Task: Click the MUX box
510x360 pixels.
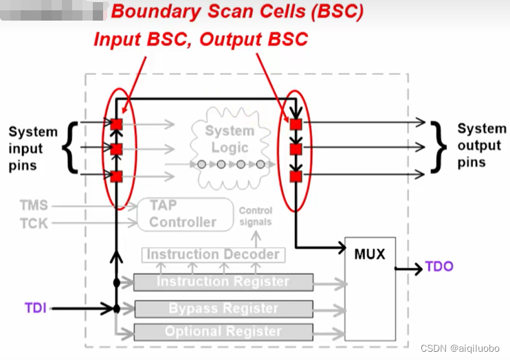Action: [370, 289]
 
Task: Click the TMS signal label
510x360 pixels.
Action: [34, 205]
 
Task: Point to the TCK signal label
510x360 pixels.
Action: [34, 223]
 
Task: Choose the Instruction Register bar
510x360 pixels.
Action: [223, 282]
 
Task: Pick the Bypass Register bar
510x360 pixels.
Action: [223, 308]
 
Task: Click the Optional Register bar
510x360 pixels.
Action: [223, 332]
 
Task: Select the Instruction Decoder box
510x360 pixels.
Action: [213, 255]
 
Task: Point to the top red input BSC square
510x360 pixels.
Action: [116, 124]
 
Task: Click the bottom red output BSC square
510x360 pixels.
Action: [296, 177]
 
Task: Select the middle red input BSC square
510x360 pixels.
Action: [116, 149]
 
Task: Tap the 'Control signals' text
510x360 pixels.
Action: [256, 216]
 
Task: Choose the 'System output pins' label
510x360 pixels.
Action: [480, 146]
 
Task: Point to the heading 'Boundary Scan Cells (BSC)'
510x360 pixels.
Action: [237, 12]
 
